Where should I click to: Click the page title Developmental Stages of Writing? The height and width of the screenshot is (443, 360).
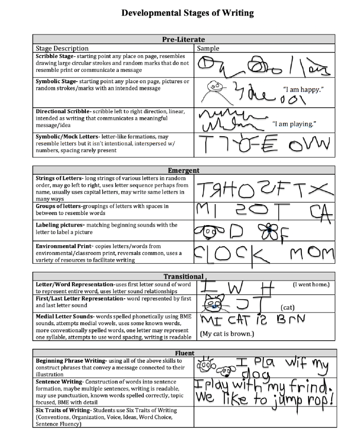pyautogui.click(x=188, y=13)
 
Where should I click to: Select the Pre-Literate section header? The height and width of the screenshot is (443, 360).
pyautogui.click(x=183, y=39)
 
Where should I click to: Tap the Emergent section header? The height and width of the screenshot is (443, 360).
pyautogui.click(x=184, y=170)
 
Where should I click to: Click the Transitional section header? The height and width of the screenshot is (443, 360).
pyautogui.click(x=184, y=276)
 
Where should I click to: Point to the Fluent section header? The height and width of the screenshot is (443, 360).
pyautogui.click(x=184, y=353)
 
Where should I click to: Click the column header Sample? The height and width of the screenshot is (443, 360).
pyautogui.click(x=208, y=48)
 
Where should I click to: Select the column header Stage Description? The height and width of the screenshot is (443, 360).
pyautogui.click(x=62, y=48)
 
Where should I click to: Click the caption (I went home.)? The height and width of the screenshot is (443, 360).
pyautogui.click(x=311, y=284)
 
